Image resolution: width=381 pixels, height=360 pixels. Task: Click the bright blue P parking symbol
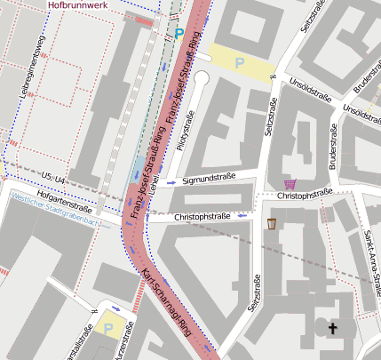point(179,35)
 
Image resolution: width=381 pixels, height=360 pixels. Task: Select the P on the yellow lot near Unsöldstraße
point(239,63)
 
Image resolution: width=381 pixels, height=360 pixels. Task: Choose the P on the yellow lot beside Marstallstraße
point(109,328)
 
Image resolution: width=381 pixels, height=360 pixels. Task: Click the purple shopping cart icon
point(290,184)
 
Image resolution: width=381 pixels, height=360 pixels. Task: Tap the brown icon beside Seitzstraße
point(271,222)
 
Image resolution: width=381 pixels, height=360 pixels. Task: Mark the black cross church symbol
point(334,329)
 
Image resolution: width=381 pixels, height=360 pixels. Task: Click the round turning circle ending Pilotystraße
point(201,78)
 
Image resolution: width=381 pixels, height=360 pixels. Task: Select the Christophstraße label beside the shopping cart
point(304,193)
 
